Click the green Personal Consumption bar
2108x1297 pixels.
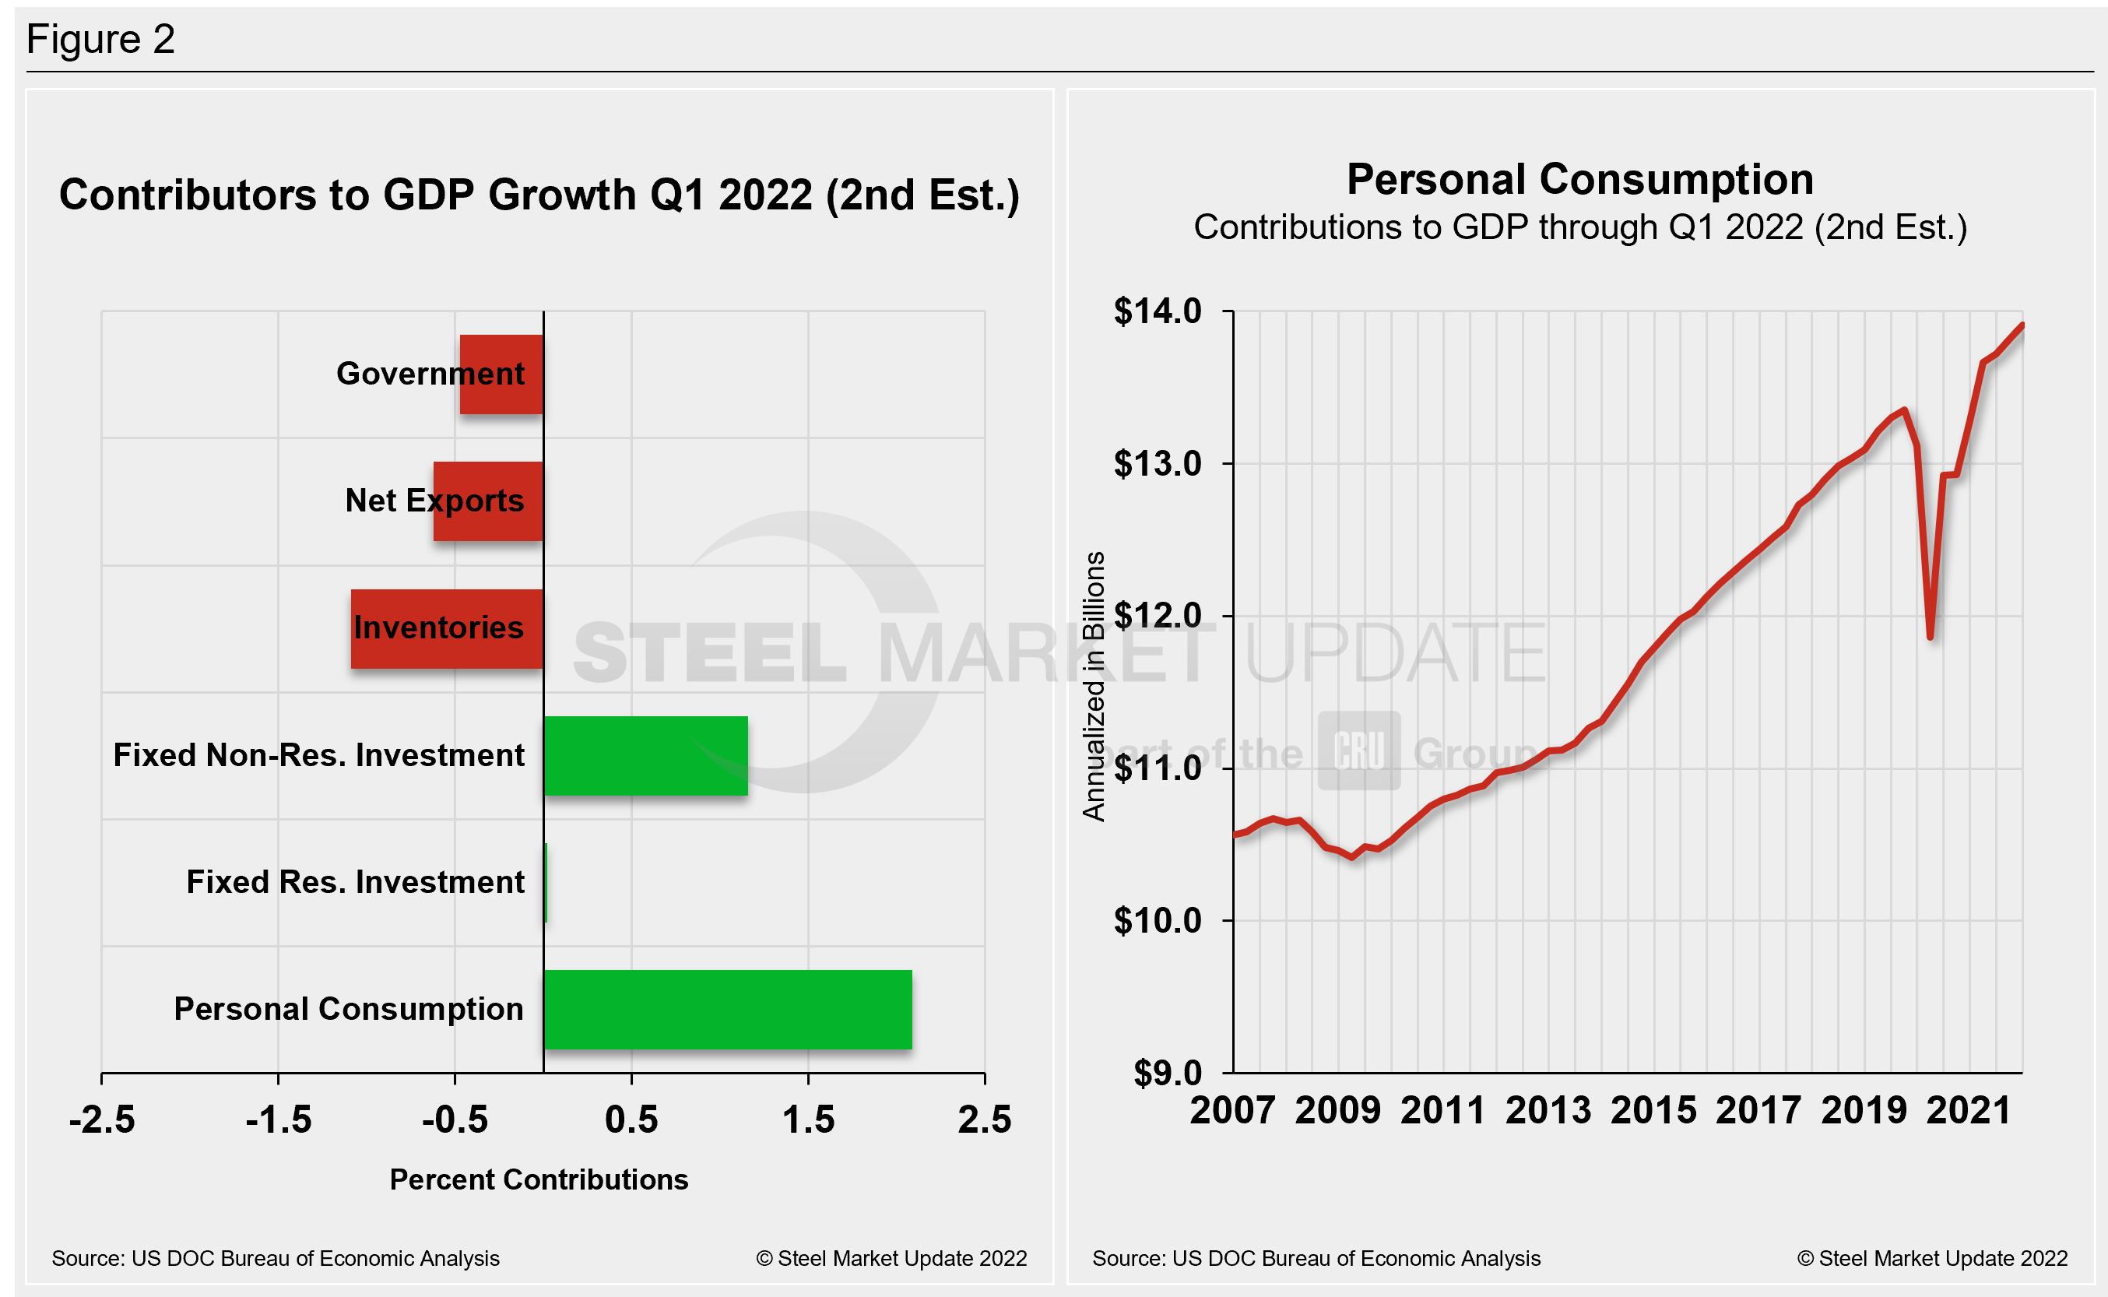tap(727, 1010)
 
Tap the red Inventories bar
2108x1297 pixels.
tap(447, 629)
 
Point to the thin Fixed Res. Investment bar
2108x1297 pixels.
tap(546, 883)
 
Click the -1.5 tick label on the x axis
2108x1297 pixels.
tap(278, 1120)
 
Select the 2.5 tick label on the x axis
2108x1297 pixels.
tap(985, 1120)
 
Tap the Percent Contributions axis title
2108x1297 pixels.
tap(539, 1179)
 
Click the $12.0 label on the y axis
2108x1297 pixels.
tap(1157, 615)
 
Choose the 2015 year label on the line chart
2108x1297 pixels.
tap(1653, 1111)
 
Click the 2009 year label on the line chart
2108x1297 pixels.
tap(1337, 1111)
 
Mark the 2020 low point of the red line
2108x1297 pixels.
tap(1930, 637)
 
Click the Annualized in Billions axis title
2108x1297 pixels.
tap(1094, 686)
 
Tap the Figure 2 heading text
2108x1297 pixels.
tap(100, 39)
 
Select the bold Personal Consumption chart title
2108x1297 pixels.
tap(1579, 179)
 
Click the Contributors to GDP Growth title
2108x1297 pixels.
tap(539, 195)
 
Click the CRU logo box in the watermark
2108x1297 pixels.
tap(1358, 750)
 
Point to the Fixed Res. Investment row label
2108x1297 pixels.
tap(355, 883)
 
